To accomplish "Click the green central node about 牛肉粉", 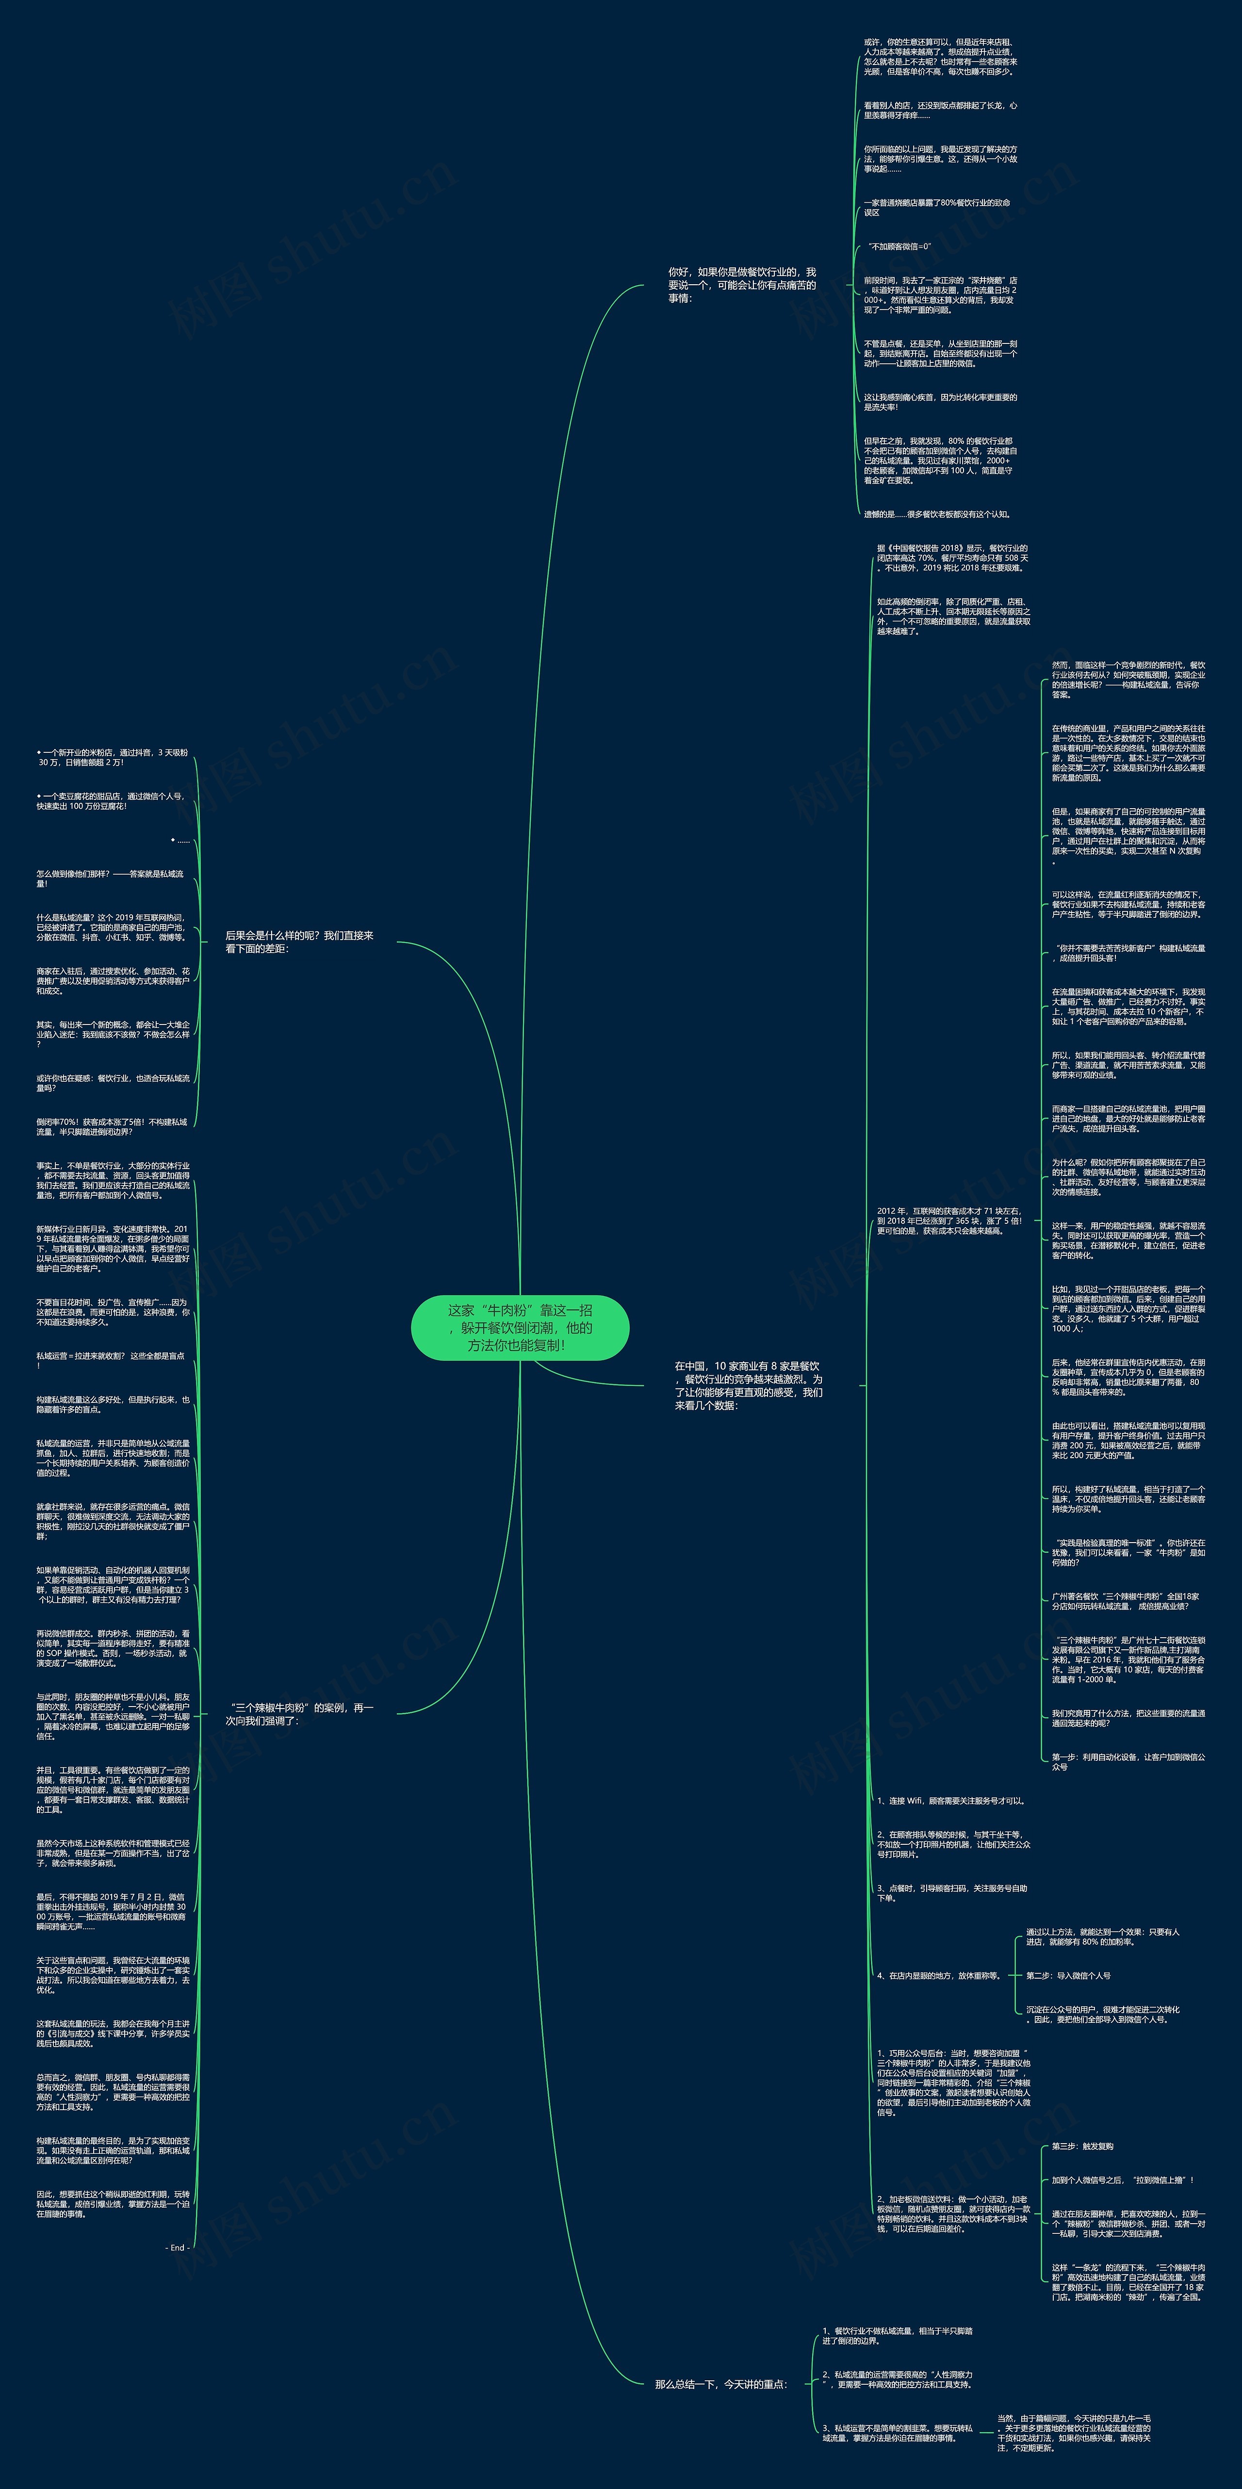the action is click(520, 1327).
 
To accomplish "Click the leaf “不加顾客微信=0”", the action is click(899, 246).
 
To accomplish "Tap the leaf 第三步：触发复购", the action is click(1082, 2146).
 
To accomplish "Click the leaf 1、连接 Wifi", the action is click(950, 1800).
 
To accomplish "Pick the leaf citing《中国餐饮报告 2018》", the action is click(952, 557).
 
